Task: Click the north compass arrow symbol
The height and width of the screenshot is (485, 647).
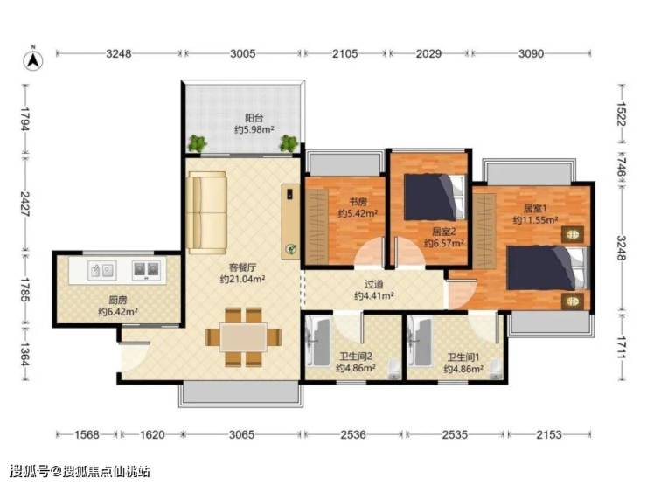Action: [x=33, y=59]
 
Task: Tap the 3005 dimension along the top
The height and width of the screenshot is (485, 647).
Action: [x=243, y=53]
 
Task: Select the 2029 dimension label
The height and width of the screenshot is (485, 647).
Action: [x=428, y=53]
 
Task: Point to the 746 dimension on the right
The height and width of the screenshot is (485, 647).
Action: [x=622, y=167]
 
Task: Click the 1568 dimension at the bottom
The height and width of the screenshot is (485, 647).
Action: [x=87, y=434]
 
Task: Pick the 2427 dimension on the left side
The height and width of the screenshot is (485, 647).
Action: [x=24, y=204]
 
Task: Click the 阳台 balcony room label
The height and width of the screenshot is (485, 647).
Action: [x=254, y=118]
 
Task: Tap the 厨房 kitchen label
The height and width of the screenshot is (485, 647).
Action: [x=118, y=301]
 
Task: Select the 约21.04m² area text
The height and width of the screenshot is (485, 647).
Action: [x=242, y=280]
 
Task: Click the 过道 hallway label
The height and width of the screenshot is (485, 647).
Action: [x=374, y=285]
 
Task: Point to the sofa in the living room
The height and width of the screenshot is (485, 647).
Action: [x=206, y=213]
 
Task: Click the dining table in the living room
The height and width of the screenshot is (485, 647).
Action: [x=243, y=337]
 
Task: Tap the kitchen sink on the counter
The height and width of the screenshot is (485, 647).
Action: [x=101, y=271]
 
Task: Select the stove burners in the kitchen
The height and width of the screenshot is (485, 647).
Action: [x=146, y=269]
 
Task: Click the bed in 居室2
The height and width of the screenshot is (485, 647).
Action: [x=435, y=197]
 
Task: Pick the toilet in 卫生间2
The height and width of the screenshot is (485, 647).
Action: [x=394, y=370]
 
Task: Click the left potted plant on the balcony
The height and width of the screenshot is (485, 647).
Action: [x=198, y=143]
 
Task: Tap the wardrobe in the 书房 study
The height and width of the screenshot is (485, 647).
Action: [x=317, y=226]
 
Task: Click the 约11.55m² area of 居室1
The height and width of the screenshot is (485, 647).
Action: [x=535, y=220]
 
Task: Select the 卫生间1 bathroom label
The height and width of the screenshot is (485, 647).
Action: [x=463, y=357]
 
